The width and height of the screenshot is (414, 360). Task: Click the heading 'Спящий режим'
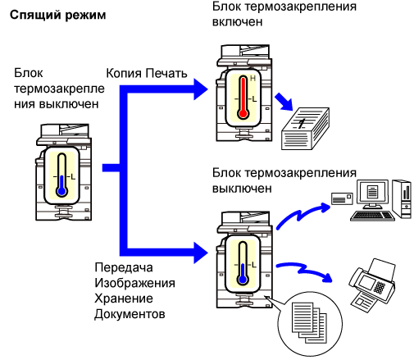(x=57, y=16)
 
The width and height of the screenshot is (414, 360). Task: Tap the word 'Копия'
(x=124, y=74)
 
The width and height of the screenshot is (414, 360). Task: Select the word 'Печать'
(x=166, y=73)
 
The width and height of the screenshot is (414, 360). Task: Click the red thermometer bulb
(x=243, y=113)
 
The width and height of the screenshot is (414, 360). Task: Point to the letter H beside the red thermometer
(x=252, y=79)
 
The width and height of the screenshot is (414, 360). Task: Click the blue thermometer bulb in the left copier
(x=62, y=191)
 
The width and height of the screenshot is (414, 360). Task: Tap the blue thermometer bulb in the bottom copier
(x=243, y=279)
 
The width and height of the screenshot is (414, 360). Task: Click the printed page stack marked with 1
(x=305, y=129)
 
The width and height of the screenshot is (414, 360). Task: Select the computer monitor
(x=372, y=194)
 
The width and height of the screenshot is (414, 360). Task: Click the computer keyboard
(x=372, y=216)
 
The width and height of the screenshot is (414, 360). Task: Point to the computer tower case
(x=402, y=198)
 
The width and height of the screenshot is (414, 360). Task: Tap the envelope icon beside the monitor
(x=342, y=198)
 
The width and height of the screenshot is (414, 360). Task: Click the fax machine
(x=372, y=284)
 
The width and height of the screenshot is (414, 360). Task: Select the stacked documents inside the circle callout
(x=309, y=322)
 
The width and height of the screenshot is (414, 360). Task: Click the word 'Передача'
(x=124, y=267)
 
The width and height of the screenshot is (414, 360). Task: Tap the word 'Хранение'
(x=124, y=298)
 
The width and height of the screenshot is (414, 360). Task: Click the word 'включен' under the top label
(x=237, y=22)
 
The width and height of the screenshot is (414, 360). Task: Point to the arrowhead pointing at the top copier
(x=201, y=89)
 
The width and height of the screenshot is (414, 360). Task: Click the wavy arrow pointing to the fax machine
(x=304, y=271)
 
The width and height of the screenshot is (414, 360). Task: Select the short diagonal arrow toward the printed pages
(x=284, y=102)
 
